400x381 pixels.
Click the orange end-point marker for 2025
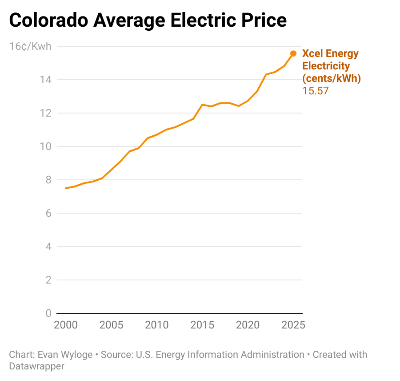click(x=293, y=53)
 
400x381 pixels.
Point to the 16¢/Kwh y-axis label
click(x=30, y=46)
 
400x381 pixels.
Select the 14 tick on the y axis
click(x=47, y=80)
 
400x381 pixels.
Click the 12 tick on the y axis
click(x=47, y=113)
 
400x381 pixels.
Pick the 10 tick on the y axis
click(x=47, y=146)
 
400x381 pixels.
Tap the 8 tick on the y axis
click(x=48, y=180)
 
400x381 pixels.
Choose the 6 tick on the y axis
click(x=48, y=213)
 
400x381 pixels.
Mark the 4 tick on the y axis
click(x=48, y=247)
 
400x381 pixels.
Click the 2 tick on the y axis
click(x=48, y=280)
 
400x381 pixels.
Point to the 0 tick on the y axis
click(x=48, y=313)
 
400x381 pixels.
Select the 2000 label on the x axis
click(x=66, y=324)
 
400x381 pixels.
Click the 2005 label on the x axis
click(x=111, y=324)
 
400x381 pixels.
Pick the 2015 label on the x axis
click(x=202, y=324)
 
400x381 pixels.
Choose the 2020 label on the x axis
click(x=248, y=324)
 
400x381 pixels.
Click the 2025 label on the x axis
click(x=293, y=324)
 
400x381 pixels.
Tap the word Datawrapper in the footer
click(x=36, y=366)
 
